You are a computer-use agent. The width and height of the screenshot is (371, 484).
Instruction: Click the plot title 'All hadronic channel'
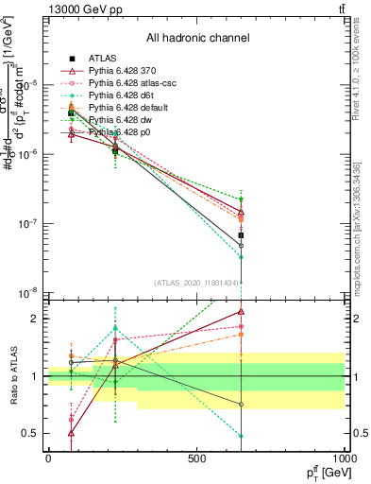pyautogui.click(x=197, y=38)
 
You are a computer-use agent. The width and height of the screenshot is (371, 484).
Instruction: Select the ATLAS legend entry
pyautogui.click(x=102, y=59)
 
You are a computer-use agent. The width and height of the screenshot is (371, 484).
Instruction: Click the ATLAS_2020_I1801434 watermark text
pyautogui.click(x=196, y=283)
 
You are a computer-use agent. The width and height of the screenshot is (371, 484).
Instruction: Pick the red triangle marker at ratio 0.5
pyautogui.click(x=72, y=433)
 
